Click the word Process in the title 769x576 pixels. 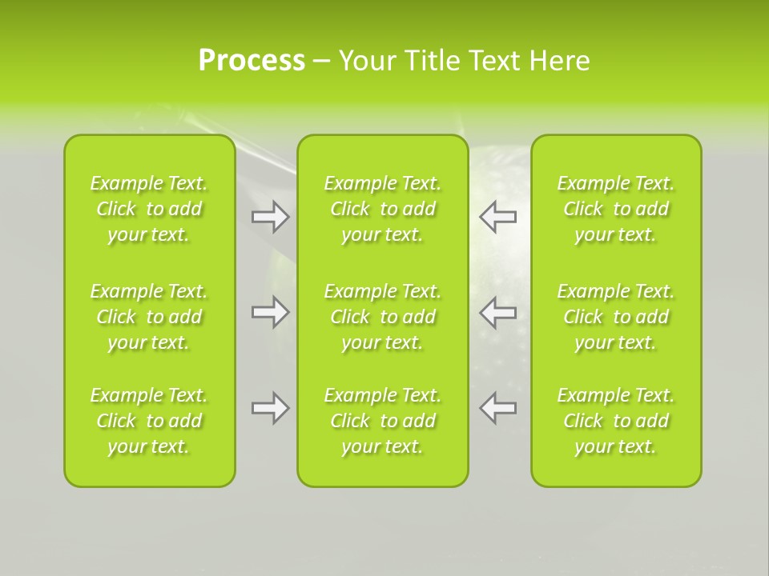pyautogui.click(x=252, y=61)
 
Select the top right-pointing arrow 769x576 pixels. pyautogui.click(x=271, y=217)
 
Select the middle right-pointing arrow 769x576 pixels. pyautogui.click(x=271, y=312)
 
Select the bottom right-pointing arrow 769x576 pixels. pyautogui.click(x=271, y=408)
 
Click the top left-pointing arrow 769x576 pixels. pyautogui.click(x=498, y=217)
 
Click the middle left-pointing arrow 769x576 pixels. pyautogui.click(x=498, y=312)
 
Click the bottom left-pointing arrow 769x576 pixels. pyautogui.click(x=498, y=408)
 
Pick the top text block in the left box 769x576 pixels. pyautogui.click(x=149, y=209)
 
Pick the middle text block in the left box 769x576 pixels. pyautogui.click(x=149, y=317)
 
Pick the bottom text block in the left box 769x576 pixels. pyautogui.click(x=149, y=421)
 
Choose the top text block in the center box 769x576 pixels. pyautogui.click(x=383, y=209)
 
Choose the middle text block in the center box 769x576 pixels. pyautogui.click(x=383, y=317)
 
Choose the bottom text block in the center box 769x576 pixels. pyautogui.click(x=383, y=421)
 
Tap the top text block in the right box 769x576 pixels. pyautogui.click(x=616, y=209)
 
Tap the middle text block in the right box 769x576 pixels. pyautogui.click(x=616, y=317)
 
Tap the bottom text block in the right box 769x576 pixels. pyautogui.click(x=616, y=421)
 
